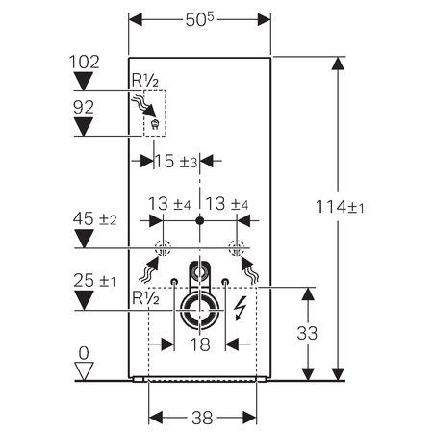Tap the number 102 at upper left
click(x=85, y=61)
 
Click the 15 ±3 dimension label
click(x=175, y=162)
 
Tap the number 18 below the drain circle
click(x=199, y=343)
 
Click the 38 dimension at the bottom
click(x=199, y=418)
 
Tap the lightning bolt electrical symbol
click(x=240, y=310)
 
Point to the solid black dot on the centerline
click(x=199, y=222)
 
